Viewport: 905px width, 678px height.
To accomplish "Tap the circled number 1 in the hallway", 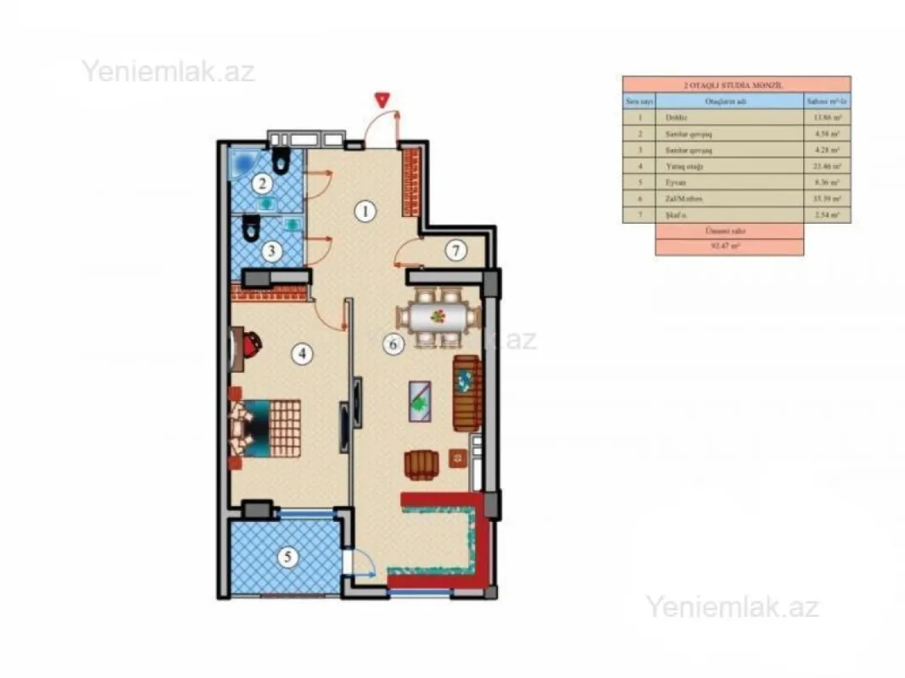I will (x=365, y=211).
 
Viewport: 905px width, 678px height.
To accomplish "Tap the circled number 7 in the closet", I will (x=455, y=250).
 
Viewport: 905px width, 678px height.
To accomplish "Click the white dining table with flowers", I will (x=439, y=318).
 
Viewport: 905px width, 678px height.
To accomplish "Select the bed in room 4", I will (x=268, y=428).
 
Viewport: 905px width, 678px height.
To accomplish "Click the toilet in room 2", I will (x=281, y=160).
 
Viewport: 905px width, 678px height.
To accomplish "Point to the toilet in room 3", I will (x=250, y=227).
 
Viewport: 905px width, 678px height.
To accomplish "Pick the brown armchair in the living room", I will (x=422, y=464).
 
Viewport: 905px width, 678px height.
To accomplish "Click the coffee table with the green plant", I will (x=420, y=403).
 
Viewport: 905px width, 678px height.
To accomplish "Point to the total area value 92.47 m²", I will (x=729, y=247).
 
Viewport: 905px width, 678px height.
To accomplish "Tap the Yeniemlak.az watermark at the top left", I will (x=168, y=71).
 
